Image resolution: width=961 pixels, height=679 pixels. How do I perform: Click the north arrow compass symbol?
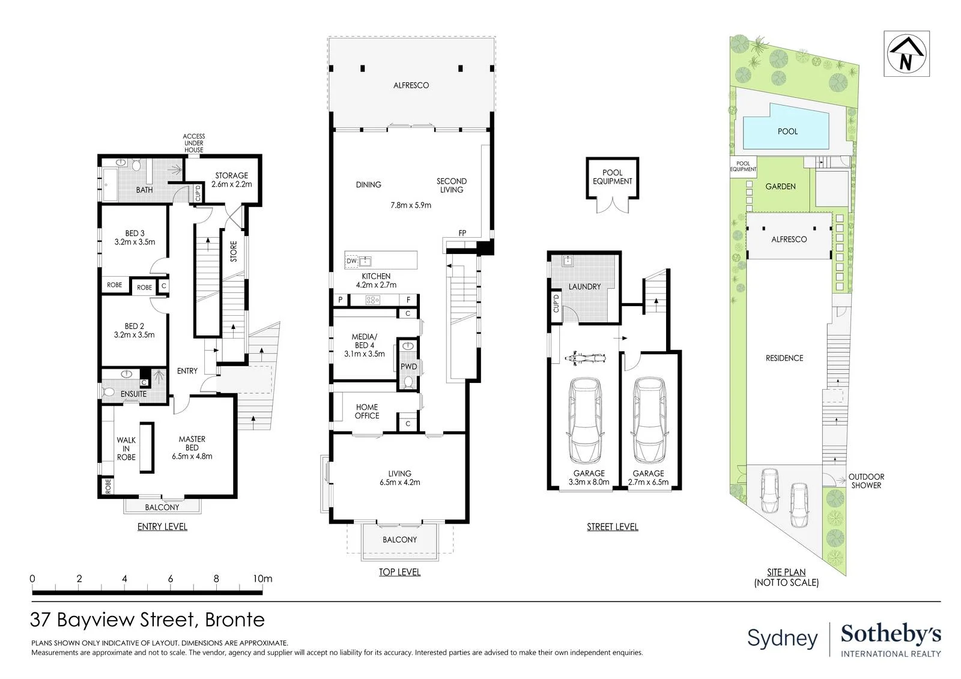tap(906, 54)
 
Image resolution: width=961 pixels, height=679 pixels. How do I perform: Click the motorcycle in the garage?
tap(585, 358)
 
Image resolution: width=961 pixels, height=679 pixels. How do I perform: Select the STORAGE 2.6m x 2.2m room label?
tap(232, 180)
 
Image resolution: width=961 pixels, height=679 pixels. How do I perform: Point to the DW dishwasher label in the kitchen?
tap(351, 261)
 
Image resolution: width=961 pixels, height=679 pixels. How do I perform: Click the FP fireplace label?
tap(462, 234)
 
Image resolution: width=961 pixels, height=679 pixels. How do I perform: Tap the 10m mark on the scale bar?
tap(262, 579)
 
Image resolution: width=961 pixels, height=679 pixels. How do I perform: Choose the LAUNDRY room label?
tap(584, 286)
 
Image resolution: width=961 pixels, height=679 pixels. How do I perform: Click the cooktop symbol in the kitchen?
tap(372, 300)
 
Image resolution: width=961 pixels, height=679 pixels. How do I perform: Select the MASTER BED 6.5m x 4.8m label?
tap(192, 447)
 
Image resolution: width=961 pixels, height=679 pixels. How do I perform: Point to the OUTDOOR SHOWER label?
tap(866, 481)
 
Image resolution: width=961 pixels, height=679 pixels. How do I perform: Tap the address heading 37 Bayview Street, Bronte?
tap(147, 620)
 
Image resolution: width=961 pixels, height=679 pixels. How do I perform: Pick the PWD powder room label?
tap(408, 367)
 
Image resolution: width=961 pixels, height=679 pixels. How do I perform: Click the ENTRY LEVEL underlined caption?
tap(162, 527)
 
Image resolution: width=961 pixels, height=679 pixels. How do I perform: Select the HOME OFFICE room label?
tap(367, 411)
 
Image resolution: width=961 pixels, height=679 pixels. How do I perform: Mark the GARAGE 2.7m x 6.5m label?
tap(648, 477)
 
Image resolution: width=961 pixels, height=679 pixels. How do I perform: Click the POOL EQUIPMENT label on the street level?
tap(612, 177)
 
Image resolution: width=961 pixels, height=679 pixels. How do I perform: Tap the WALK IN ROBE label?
tap(126, 448)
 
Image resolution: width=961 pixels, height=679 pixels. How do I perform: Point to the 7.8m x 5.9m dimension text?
tap(411, 205)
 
